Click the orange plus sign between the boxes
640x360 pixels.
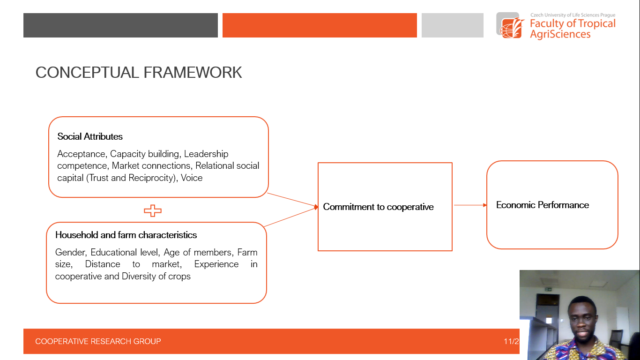pos(153,211)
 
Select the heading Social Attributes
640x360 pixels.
pos(89,136)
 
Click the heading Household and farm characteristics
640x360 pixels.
pos(126,235)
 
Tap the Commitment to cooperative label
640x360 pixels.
pos(378,207)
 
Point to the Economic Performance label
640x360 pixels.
pos(542,205)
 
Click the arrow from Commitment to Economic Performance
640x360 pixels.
pos(470,205)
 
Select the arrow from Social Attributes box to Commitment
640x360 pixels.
pos(292,200)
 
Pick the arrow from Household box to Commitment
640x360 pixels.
pos(291,217)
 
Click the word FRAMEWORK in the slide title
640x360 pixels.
pos(193,72)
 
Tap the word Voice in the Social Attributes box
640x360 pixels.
pos(192,178)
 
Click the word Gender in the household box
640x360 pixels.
pos(71,252)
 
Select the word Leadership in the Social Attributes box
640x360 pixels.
pos(206,154)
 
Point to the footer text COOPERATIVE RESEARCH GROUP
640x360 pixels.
pos(98,341)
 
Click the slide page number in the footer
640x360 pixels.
pos(511,341)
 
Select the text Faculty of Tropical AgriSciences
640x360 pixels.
pos(573,29)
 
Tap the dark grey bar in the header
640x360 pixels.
pos(120,25)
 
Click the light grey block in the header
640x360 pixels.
pos(453,25)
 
